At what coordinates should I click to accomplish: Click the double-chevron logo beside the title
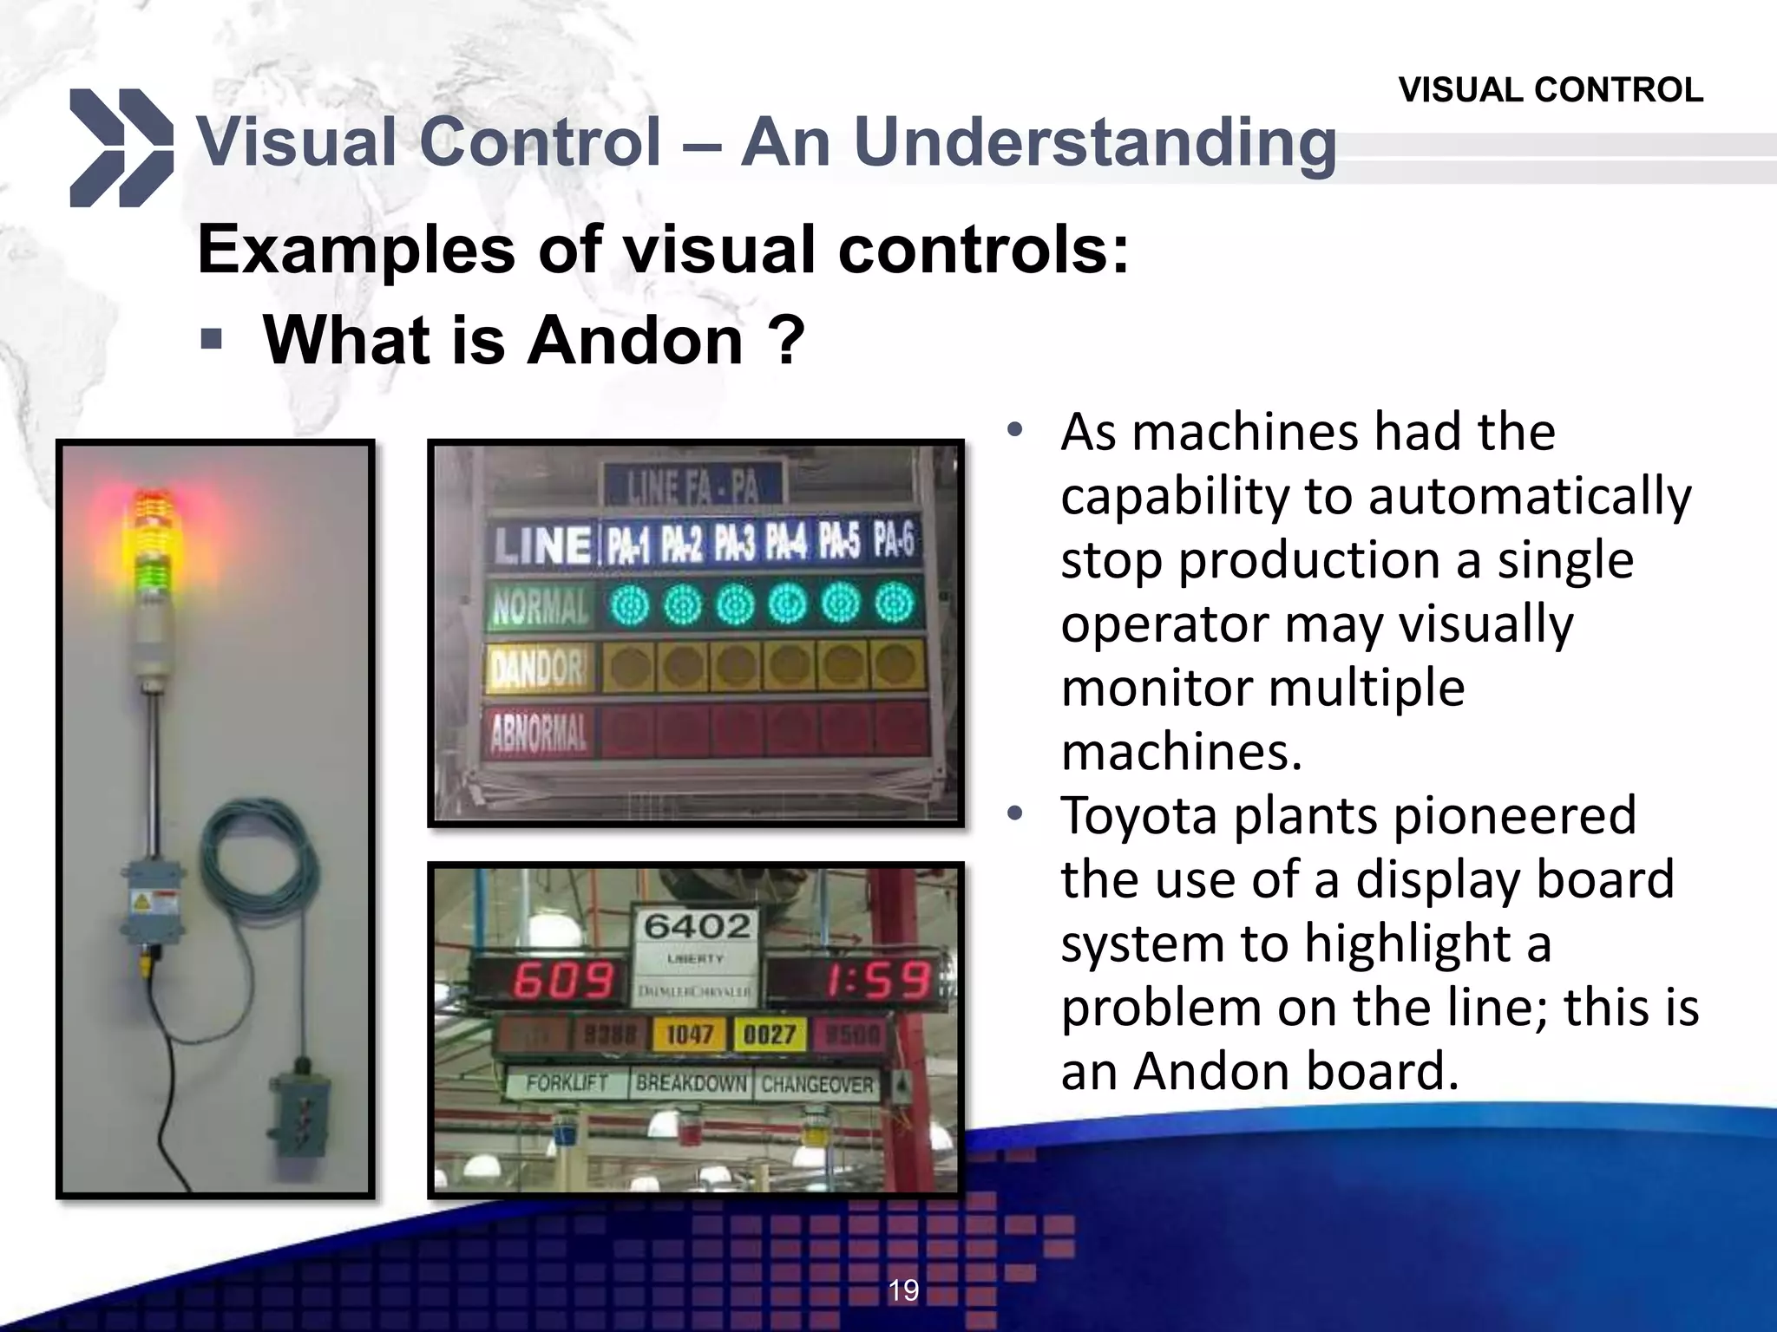pyautogui.click(x=121, y=147)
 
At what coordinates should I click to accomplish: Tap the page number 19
pyautogui.click(x=903, y=1290)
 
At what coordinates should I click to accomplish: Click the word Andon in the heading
pyautogui.click(x=635, y=340)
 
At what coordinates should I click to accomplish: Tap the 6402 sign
pyautogui.click(x=697, y=926)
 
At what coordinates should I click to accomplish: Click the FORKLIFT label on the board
pyautogui.click(x=567, y=1083)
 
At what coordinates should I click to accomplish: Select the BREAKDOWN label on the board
pyautogui.click(x=691, y=1083)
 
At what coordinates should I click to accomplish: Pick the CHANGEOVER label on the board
pyautogui.click(x=816, y=1084)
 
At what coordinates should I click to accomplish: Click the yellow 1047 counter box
pyautogui.click(x=690, y=1034)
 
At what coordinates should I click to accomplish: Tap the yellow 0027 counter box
pyautogui.click(x=770, y=1034)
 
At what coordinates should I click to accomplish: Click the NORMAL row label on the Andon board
pyautogui.click(x=540, y=606)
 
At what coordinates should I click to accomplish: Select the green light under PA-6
pyautogui.click(x=895, y=604)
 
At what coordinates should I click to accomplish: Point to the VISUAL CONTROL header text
pyautogui.click(x=1551, y=90)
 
